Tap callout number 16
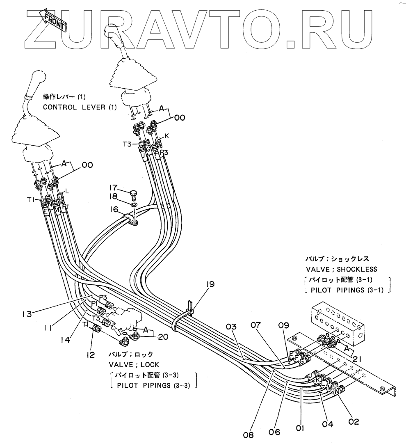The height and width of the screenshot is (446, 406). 114,210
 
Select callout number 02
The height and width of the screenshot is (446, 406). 354,421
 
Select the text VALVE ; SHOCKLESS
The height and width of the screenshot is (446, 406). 341,269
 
